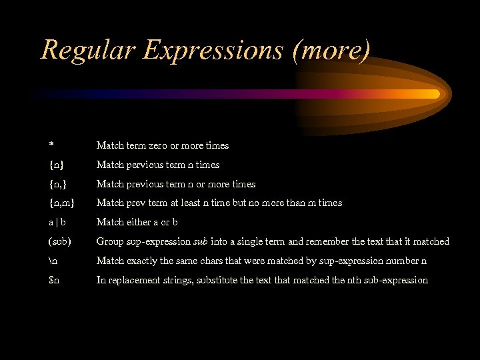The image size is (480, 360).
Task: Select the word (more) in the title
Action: [x=331, y=50]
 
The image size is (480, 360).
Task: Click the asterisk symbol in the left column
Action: [x=51, y=145]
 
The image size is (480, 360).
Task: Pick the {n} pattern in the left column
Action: [x=57, y=165]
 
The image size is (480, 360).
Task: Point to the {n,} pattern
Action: [x=59, y=184]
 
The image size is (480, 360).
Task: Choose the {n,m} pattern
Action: [x=62, y=203]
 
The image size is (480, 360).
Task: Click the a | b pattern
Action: [x=58, y=222]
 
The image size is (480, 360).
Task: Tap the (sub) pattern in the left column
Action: [x=59, y=241]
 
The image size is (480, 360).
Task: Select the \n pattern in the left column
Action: [x=53, y=261]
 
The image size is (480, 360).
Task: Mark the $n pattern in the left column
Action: [x=54, y=280]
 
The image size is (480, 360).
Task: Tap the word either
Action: [x=141, y=222]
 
